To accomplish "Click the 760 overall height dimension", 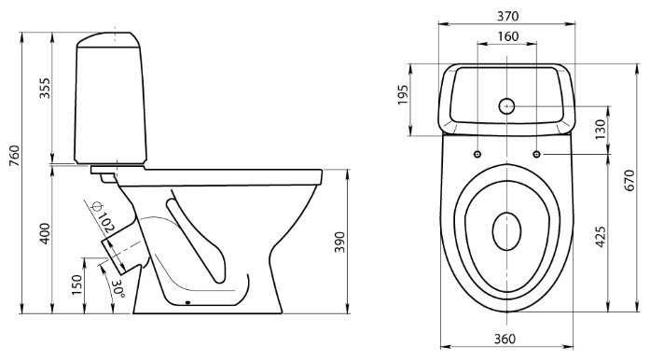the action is pos(15,156).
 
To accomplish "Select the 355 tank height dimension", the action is pos(45,88).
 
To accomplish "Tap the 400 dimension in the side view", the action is pos(45,233).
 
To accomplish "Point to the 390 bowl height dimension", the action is pos(339,242).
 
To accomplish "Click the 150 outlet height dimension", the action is pos(77,285).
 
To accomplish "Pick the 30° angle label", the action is pos(118,288).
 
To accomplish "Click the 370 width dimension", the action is pos(508,16).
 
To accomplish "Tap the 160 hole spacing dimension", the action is pos(508,36).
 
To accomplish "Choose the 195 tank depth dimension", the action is pos(403,95).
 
